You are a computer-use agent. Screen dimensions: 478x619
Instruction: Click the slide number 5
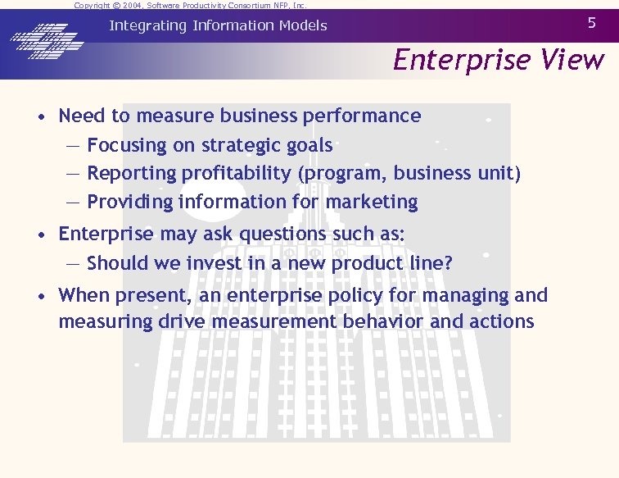592,23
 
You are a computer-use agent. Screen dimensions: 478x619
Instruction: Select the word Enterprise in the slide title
463,60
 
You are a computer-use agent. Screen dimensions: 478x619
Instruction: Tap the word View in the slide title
572,60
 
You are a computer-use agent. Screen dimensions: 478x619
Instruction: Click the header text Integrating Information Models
218,25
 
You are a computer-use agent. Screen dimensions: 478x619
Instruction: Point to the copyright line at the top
190,5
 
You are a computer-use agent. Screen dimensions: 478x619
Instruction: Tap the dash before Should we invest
73,263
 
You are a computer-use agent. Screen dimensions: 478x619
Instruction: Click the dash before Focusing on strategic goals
73,146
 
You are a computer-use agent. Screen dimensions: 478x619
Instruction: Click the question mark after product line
448,263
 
